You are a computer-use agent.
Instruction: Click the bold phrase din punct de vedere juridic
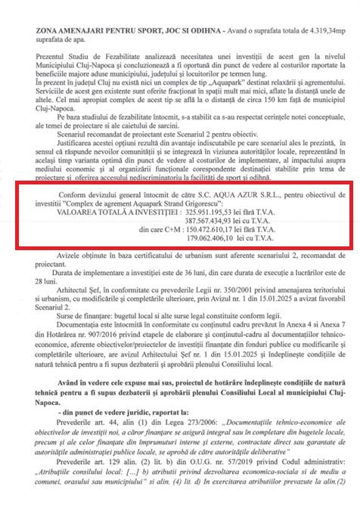point(88,428)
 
